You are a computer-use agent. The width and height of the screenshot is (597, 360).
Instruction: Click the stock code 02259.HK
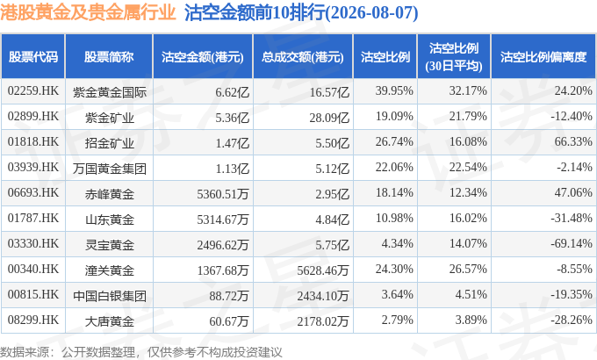click(33, 91)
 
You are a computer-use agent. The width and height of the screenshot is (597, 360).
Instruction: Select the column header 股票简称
click(109, 57)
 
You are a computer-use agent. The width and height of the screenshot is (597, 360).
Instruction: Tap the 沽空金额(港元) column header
click(203, 57)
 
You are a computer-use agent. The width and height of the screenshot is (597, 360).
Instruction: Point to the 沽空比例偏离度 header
click(543, 57)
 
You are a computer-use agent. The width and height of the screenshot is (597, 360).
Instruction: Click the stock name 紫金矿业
click(109, 118)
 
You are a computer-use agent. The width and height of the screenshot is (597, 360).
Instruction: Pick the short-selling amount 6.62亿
click(233, 92)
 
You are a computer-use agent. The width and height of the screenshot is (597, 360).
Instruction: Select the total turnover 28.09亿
click(329, 118)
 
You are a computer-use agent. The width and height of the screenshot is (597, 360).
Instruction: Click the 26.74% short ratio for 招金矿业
click(394, 141)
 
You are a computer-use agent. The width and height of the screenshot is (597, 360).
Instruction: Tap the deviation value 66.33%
click(573, 141)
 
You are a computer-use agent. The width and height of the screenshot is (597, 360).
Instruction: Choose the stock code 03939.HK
click(33, 167)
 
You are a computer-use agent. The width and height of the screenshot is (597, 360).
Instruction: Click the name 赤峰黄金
click(109, 194)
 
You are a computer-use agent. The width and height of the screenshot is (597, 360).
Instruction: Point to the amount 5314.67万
click(223, 220)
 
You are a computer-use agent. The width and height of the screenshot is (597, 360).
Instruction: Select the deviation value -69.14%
click(572, 243)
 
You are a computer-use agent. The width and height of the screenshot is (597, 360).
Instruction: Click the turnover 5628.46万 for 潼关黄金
click(323, 270)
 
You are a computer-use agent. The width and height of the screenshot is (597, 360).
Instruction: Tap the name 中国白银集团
click(109, 296)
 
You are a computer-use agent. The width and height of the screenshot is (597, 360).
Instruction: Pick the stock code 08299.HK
click(33, 320)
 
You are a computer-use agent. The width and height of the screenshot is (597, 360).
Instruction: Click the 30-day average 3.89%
click(471, 320)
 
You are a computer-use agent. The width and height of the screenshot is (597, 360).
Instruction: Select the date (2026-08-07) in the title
click(372, 13)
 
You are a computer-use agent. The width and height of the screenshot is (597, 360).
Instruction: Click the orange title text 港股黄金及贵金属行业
click(88, 12)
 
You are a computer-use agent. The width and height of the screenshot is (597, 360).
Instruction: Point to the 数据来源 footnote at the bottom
click(141, 352)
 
